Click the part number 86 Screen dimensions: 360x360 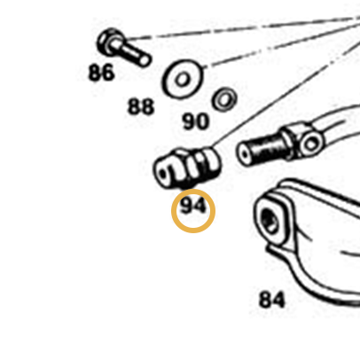point(101,73)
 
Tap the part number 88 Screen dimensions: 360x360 point(141,106)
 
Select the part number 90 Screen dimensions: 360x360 point(195,121)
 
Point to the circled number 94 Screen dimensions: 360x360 point(192,206)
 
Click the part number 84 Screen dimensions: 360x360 point(272,300)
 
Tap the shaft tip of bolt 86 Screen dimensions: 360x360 point(145,60)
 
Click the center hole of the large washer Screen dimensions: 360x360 point(182,79)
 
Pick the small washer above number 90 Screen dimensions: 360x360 point(224,99)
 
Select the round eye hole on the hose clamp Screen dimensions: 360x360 point(311,145)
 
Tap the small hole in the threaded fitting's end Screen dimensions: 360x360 point(244,155)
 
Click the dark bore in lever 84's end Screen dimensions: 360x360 point(270,221)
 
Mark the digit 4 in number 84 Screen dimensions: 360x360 point(278,300)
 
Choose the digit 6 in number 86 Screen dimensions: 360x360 point(108,73)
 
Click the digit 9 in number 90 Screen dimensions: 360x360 point(188,121)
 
